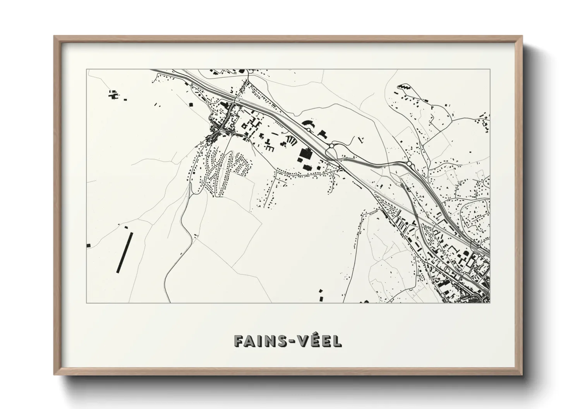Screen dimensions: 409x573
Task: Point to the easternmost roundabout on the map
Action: [x=409, y=164]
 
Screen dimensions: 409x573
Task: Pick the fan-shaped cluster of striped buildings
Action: [x=290, y=140]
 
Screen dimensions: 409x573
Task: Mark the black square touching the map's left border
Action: [x=89, y=245]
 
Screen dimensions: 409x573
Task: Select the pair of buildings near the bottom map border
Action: [x=321, y=295]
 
